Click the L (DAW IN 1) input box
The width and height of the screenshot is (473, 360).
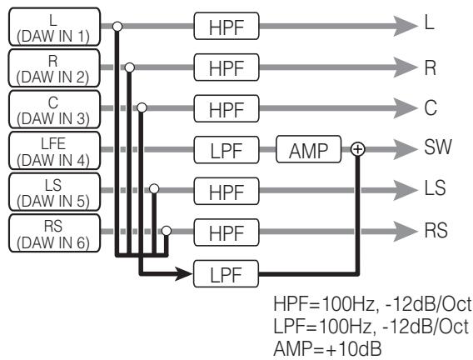pos(54,27)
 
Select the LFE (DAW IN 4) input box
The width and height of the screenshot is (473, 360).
pos(54,150)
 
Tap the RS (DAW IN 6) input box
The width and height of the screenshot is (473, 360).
pos(54,233)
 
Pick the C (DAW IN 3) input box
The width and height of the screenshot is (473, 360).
pos(54,109)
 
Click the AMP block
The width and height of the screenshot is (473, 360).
pos(309,149)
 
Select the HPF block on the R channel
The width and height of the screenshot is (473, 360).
pos(227,67)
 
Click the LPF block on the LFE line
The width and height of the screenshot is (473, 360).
pos(227,150)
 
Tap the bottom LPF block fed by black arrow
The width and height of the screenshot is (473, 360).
pos(226,273)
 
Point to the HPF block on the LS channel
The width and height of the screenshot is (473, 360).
pos(227,192)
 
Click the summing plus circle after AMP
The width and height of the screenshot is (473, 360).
pos(358,149)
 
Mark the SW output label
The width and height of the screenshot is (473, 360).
pos(438,147)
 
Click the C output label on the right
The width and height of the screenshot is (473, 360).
pos(431,107)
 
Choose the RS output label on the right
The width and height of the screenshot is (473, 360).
pos(436,230)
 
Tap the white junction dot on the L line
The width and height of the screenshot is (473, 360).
pos(117,27)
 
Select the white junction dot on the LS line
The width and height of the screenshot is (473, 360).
pos(154,189)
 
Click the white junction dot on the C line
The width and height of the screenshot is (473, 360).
pos(142,107)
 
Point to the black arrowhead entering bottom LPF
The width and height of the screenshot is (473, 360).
pos(183,273)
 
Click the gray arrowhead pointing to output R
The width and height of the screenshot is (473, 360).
pos(405,67)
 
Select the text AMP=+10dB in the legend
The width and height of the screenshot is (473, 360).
pos(327,348)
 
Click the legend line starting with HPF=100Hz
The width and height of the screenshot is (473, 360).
pos(372,303)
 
